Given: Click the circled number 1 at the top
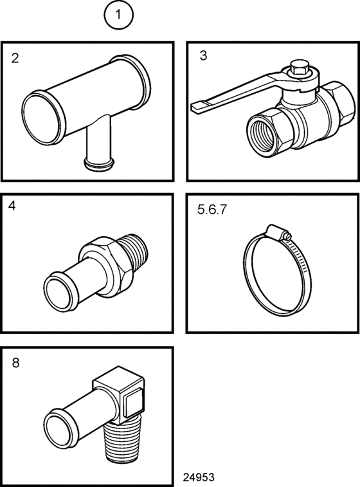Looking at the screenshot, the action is tap(118, 15).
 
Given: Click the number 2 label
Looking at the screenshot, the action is tap(15, 58).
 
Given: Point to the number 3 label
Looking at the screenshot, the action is tap(203, 55).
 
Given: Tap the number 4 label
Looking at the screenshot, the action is tap(12, 206).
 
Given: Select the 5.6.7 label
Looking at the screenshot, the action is tap(212, 209).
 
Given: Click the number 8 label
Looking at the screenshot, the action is tap(15, 362).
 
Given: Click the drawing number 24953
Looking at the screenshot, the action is tap(198, 477).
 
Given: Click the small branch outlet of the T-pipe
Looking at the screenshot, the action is tap(99, 163).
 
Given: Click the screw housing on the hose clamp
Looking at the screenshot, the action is tap(278, 233).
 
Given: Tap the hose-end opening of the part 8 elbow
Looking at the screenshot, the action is tap(60, 431).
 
